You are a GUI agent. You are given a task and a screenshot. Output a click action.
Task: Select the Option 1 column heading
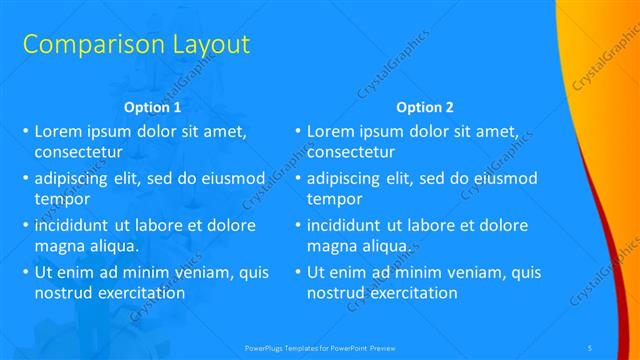click(152, 107)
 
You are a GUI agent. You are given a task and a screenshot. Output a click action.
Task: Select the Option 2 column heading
click(424, 107)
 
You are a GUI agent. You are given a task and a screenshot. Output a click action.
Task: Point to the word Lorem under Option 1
click(58, 131)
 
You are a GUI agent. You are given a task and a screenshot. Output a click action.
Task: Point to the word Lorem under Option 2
click(330, 131)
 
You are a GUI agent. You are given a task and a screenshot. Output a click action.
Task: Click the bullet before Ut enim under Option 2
click(297, 273)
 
